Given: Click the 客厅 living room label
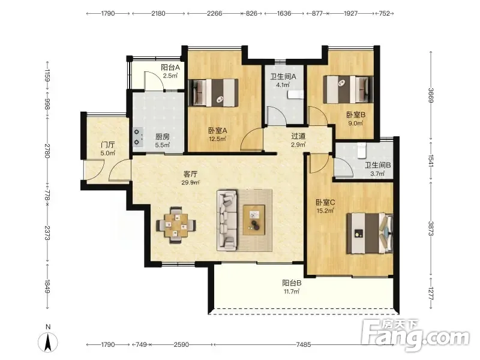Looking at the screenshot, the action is (x=190, y=174).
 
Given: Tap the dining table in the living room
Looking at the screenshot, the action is (x=176, y=225).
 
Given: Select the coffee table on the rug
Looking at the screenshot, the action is (x=254, y=220).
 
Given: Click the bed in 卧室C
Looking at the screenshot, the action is (x=370, y=233).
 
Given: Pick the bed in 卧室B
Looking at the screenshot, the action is (x=348, y=89).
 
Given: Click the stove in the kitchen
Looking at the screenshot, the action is (x=138, y=137).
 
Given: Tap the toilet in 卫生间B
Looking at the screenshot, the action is (x=362, y=151).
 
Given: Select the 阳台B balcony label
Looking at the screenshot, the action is (x=292, y=283).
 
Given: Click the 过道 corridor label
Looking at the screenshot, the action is (x=298, y=136).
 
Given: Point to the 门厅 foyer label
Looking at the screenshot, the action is (x=108, y=145).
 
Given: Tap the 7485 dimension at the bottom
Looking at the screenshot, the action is (x=304, y=344).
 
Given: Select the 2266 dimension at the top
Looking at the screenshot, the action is (x=215, y=13).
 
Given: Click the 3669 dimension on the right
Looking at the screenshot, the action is (x=431, y=95).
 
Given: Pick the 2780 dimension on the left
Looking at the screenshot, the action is (x=47, y=151).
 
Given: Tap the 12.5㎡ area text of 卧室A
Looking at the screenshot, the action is (x=217, y=139).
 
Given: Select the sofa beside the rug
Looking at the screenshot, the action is (x=227, y=220).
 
